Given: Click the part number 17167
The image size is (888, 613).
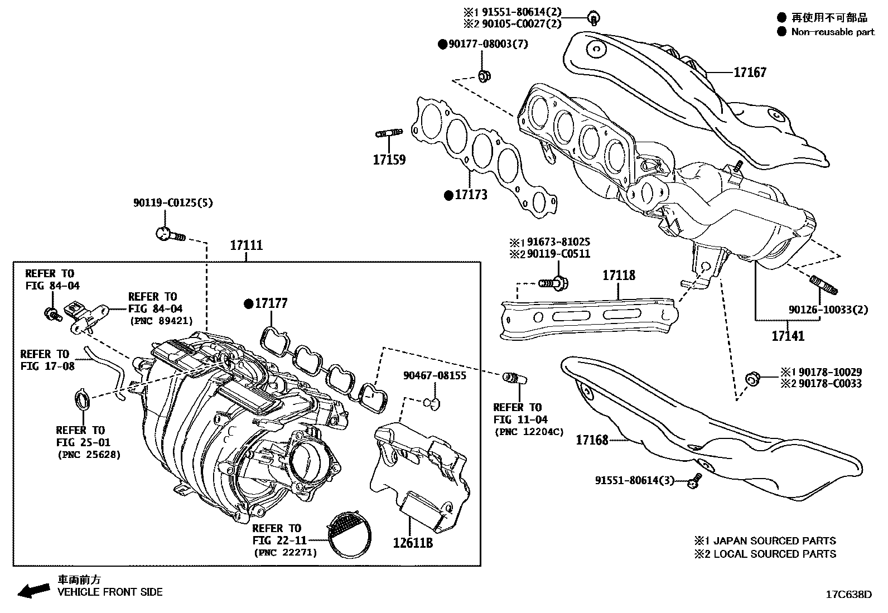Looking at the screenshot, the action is point(750,73).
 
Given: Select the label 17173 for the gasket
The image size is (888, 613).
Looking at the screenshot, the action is point(471,195).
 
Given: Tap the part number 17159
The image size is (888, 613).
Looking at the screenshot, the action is point(389,160).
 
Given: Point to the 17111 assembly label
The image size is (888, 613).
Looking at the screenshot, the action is point(246,245).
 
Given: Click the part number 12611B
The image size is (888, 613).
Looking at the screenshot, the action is point(413,543).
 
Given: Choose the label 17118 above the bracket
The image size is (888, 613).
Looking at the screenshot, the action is point(619,275).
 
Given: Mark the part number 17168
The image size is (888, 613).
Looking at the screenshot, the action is point(592,440).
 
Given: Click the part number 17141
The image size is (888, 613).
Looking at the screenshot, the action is point(788,336).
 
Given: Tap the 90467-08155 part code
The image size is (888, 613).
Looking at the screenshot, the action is point(435,375).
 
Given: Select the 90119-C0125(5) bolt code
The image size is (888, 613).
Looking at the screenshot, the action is point(173,203).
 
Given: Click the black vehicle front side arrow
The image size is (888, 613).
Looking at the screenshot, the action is point(33,591).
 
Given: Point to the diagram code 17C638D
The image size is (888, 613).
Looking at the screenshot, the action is point(849,595).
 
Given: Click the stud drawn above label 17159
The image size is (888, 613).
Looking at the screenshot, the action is point(389,133).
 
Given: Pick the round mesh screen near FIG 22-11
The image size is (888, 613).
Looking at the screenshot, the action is point(349,534).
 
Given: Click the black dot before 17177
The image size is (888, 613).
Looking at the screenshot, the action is point(249,304).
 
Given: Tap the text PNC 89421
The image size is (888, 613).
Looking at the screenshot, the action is point(162,321).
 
